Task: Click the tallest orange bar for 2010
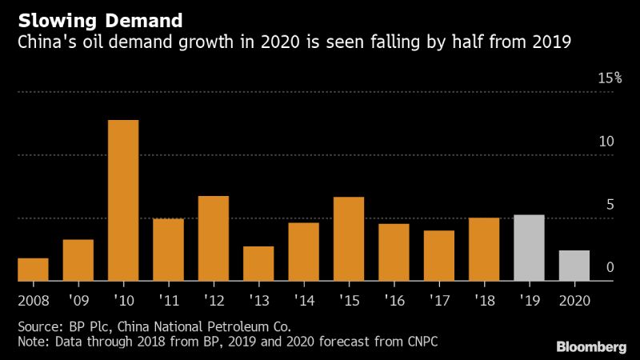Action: pos(123,200)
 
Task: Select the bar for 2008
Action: pos(33,270)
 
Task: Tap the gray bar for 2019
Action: pos(529,248)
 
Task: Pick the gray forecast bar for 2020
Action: pos(574,266)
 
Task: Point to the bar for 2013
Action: pos(258,263)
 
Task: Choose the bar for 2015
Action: pos(349,238)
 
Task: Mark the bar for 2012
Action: pos(214,238)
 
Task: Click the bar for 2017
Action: pos(439,255)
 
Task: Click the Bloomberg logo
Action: pos(591,346)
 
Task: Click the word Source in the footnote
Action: pos(36,326)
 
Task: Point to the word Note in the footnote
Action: pos(31,342)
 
